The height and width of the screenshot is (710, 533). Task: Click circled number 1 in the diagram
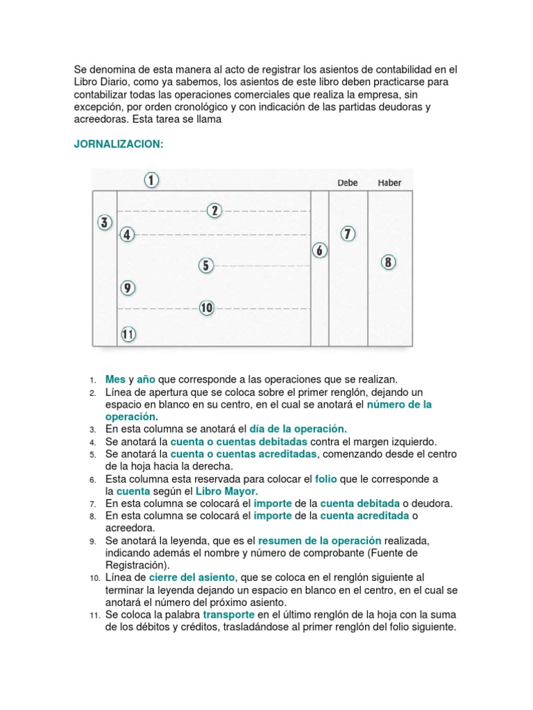pos(152,180)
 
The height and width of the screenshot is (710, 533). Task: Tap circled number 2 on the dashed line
pos(215,210)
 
